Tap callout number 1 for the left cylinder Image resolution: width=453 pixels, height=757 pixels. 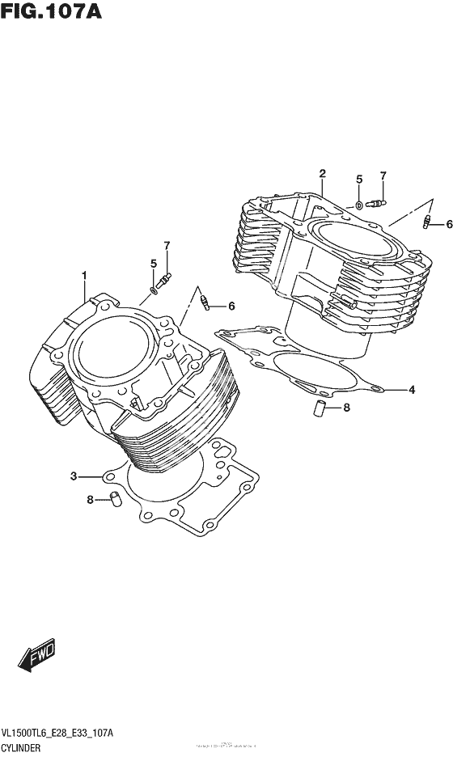pyautogui.click(x=83, y=276)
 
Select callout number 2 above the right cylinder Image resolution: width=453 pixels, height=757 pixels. pyautogui.click(x=322, y=173)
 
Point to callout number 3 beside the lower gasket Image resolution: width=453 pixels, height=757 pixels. pyautogui.click(x=73, y=476)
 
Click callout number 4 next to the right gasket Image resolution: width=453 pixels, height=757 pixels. pyautogui.click(x=412, y=390)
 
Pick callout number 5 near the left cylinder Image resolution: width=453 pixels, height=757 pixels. pyautogui.click(x=152, y=263)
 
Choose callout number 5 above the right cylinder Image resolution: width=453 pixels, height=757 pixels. pyautogui.click(x=359, y=179)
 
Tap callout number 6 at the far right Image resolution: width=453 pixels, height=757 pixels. pyautogui.click(x=449, y=224)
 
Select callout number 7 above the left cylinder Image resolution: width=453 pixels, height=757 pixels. pyautogui.click(x=167, y=245)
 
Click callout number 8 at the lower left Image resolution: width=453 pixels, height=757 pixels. pyautogui.click(x=91, y=500)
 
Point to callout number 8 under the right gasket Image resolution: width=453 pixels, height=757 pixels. pyautogui.click(x=346, y=408)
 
